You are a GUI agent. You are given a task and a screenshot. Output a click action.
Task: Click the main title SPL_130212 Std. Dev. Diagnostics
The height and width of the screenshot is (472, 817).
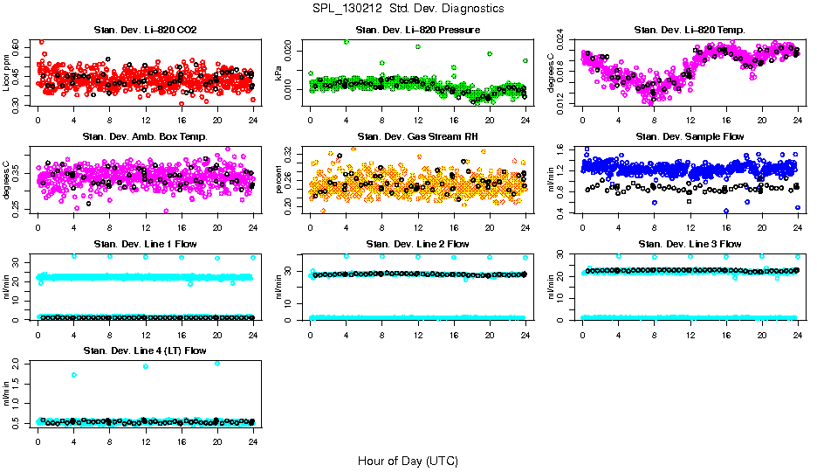coord(408,8)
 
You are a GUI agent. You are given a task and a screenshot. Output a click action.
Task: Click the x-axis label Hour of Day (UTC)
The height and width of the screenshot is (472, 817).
coord(408,460)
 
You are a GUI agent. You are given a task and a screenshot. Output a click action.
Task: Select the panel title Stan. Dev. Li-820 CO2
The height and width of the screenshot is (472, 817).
coord(145,31)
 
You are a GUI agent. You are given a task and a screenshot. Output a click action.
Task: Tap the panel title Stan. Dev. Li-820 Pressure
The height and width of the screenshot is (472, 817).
coord(417,31)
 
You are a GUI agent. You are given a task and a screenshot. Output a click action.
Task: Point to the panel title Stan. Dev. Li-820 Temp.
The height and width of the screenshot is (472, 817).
coord(690,31)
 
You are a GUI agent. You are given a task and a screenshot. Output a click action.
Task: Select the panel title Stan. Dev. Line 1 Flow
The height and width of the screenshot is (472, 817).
coord(145,244)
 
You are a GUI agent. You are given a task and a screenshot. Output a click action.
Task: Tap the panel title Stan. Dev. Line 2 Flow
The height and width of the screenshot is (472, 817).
coord(417,244)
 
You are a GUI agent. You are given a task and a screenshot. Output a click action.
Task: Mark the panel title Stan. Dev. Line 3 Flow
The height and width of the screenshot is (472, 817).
coord(690,244)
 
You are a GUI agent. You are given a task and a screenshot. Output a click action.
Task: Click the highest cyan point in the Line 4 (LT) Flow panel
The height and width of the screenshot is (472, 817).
coord(217,363)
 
